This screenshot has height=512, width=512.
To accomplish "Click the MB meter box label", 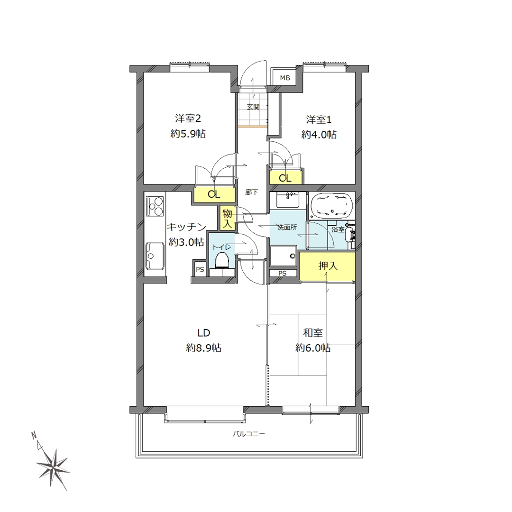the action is (x=285, y=78).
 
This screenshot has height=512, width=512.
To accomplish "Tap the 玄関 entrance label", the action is (x=253, y=107).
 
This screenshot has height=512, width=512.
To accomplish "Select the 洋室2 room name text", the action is (x=188, y=118).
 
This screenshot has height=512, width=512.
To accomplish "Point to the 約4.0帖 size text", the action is (x=319, y=135).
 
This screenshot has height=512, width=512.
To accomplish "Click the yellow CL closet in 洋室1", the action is (x=285, y=177).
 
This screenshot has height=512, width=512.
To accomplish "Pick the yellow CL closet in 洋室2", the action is (x=214, y=195).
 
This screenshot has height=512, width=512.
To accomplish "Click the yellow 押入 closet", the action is (x=327, y=266).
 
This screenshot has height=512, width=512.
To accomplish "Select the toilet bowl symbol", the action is (x=222, y=261).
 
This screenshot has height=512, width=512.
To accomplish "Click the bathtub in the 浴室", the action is (x=331, y=206).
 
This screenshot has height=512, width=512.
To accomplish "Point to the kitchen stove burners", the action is (x=155, y=206).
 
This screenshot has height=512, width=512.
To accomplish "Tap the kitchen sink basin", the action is (x=155, y=256).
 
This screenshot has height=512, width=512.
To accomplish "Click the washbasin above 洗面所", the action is (x=287, y=200).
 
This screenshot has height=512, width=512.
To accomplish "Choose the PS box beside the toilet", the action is (x=200, y=269).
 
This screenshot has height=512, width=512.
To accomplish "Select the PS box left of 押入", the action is (x=283, y=273).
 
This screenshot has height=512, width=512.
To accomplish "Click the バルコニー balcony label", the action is (x=248, y=434).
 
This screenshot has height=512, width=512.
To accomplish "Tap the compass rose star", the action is (x=53, y=467).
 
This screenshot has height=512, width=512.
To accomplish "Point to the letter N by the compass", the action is (x=34, y=435).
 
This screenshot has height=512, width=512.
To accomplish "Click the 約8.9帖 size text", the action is (x=203, y=348).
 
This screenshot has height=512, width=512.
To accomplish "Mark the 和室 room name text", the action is (x=313, y=333).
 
